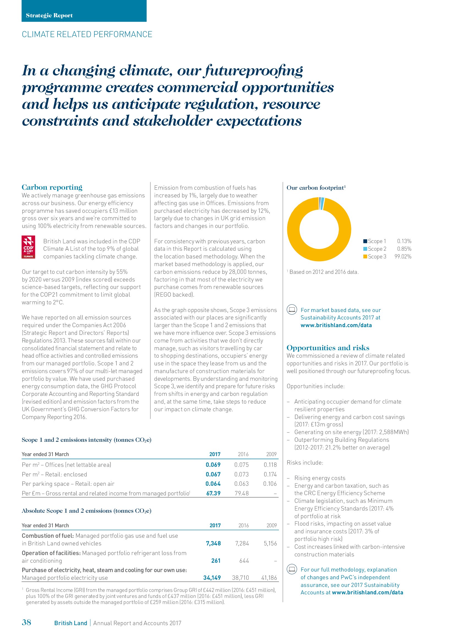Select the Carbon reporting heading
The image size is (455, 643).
(52, 187)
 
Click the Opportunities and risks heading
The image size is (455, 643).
(328, 347)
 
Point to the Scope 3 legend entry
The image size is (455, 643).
(377, 256)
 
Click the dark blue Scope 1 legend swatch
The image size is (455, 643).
(365, 241)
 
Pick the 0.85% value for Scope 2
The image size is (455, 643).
(404, 249)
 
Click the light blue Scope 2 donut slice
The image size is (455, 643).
(322, 204)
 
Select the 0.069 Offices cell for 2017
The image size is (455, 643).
(213, 465)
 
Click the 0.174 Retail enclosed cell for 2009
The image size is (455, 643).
(270, 474)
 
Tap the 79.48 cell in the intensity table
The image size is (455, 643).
(242, 493)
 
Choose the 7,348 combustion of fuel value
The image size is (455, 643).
(213, 543)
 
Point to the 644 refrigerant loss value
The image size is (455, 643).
(244, 560)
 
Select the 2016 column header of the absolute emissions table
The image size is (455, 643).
(243, 525)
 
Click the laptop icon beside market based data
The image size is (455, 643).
(292, 310)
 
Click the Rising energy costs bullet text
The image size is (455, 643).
(320, 478)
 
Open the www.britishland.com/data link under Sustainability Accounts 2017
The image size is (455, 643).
(336, 325)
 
